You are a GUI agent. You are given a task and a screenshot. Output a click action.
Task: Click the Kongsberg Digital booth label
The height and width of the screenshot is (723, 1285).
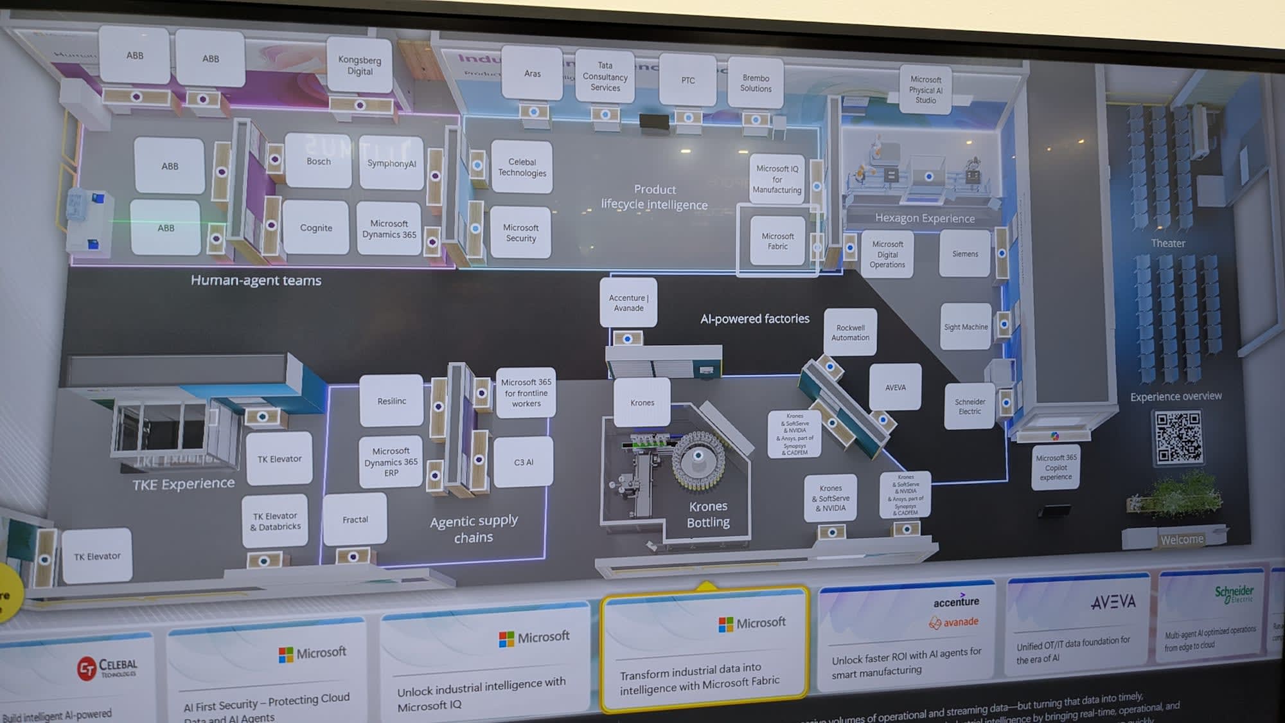(x=360, y=65)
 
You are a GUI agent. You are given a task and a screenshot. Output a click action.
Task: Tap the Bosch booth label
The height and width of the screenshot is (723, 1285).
(x=319, y=161)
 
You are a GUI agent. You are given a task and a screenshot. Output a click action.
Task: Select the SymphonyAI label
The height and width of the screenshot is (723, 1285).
(x=391, y=163)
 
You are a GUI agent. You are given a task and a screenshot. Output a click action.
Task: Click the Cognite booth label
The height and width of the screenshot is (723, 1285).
(x=316, y=228)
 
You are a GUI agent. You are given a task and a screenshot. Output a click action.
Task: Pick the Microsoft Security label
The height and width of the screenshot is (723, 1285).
(x=521, y=233)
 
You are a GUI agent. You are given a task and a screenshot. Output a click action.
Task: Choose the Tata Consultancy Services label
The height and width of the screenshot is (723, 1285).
(x=605, y=76)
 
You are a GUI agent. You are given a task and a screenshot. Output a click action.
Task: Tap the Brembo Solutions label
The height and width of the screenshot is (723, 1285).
(x=756, y=84)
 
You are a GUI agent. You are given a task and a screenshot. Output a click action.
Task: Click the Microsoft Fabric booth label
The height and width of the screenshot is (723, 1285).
(x=777, y=241)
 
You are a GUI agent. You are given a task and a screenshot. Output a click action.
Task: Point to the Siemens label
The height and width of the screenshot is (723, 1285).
(x=965, y=254)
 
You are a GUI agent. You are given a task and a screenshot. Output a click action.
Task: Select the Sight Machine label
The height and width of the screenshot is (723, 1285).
(x=966, y=327)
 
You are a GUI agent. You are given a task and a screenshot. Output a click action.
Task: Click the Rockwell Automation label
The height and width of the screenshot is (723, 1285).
(x=850, y=332)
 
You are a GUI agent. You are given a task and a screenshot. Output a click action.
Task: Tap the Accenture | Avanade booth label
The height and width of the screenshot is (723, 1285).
(x=628, y=303)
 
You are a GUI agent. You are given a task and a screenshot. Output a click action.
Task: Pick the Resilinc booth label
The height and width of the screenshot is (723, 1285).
(x=392, y=401)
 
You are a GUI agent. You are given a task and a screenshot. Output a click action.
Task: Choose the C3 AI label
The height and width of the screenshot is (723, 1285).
(x=524, y=462)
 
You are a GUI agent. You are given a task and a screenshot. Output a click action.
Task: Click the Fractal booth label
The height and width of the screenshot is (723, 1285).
(x=355, y=519)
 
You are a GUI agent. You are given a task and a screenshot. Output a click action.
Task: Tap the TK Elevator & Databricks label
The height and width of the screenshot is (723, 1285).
(x=276, y=521)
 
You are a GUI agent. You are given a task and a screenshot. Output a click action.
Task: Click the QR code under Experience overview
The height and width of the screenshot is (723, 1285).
(x=1178, y=437)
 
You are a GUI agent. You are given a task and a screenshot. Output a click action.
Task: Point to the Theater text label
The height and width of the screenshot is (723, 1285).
(x=1167, y=243)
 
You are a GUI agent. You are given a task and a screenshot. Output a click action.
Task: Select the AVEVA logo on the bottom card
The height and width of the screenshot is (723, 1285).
(x=1113, y=602)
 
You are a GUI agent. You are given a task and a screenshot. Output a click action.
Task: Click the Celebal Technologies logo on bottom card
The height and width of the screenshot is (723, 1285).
(x=107, y=668)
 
